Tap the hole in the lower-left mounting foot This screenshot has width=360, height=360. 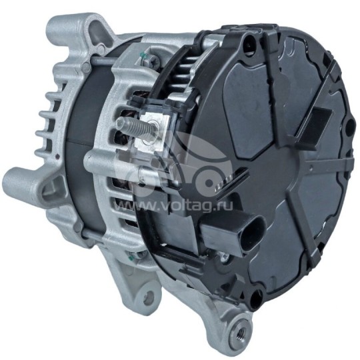click(148, 299)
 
